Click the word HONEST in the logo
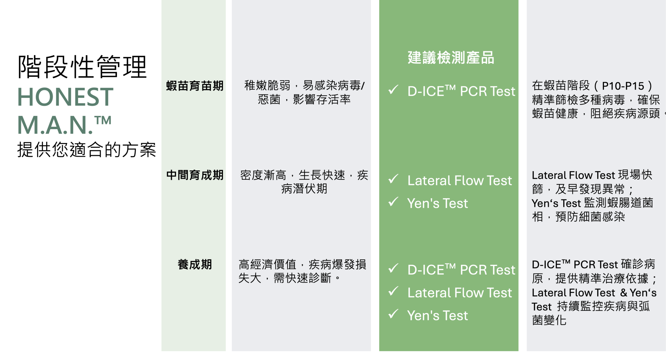tap(65, 97)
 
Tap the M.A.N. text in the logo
tap(55, 125)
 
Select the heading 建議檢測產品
tap(451, 58)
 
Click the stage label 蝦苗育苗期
tap(195, 86)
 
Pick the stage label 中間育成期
tap(195, 175)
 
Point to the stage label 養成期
tap(195, 264)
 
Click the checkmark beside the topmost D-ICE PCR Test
tap(393, 90)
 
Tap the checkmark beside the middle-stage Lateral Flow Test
tap(393, 179)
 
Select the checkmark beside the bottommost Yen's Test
tap(393, 314)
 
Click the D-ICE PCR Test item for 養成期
tap(461, 270)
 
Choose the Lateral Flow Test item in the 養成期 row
tap(459, 293)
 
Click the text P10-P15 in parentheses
tap(623, 86)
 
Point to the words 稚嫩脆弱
tap(267, 85)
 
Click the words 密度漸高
tap(263, 175)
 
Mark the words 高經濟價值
tap(267, 264)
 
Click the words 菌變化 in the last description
tap(549, 320)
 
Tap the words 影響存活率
tap(322, 100)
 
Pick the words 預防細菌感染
tap(590, 217)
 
